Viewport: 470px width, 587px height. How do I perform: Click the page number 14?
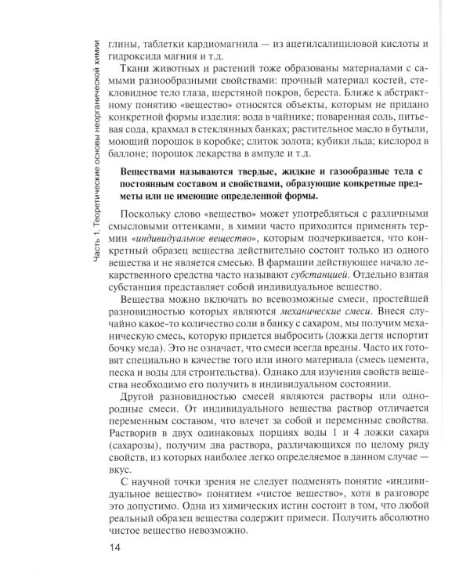pyautogui.click(x=117, y=546)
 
